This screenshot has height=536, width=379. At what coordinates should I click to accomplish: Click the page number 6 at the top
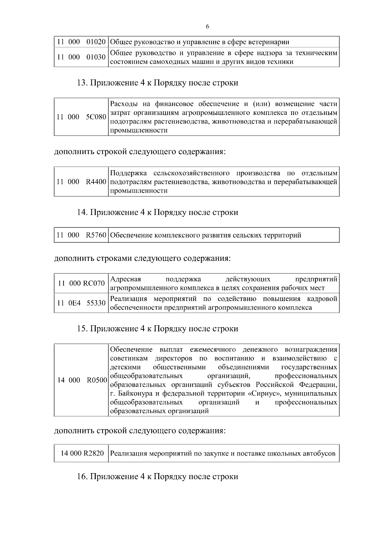tap(208, 27)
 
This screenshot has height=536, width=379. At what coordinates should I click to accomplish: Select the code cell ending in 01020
tap(81, 42)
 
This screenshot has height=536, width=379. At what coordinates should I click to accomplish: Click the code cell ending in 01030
tap(81, 57)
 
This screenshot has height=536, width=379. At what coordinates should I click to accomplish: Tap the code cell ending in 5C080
tap(81, 117)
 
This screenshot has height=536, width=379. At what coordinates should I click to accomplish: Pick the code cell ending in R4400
tap(81, 182)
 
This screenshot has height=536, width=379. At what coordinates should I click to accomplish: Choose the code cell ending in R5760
tap(81, 235)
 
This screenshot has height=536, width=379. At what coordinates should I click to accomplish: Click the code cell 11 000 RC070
tap(81, 283)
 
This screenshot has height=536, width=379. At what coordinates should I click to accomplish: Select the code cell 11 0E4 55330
tap(81, 303)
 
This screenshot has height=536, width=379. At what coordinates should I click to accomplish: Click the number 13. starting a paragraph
tap(82, 83)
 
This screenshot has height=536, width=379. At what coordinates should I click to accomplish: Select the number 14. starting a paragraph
tap(82, 212)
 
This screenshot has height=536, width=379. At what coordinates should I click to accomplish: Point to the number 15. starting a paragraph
tap(82, 329)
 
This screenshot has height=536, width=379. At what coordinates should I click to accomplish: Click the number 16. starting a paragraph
tap(82, 476)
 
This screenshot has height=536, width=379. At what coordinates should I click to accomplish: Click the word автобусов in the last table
tap(319, 454)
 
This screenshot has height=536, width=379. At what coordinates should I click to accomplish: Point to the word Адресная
tap(126, 279)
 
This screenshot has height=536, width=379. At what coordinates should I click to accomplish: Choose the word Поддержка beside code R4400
tap(129, 173)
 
